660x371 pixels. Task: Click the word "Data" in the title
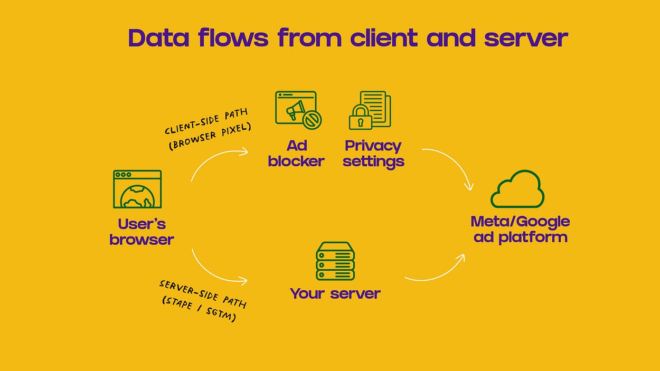158,38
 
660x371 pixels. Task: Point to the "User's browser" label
142,232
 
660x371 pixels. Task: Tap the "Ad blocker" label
296,153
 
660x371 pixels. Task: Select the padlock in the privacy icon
361,118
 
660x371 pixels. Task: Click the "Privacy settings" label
373,153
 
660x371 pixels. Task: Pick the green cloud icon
517,189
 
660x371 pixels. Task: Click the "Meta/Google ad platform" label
520,229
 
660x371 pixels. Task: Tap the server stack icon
335,261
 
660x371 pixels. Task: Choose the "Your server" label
335,293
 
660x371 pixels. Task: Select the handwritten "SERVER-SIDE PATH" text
203,293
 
